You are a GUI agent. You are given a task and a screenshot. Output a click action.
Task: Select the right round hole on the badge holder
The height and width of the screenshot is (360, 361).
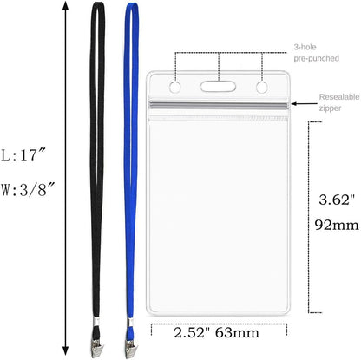(x=260, y=87)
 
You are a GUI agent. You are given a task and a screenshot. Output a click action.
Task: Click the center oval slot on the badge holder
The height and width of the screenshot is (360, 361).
(x=218, y=87)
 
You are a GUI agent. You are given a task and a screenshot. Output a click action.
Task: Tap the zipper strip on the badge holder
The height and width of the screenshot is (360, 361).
(x=218, y=105)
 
